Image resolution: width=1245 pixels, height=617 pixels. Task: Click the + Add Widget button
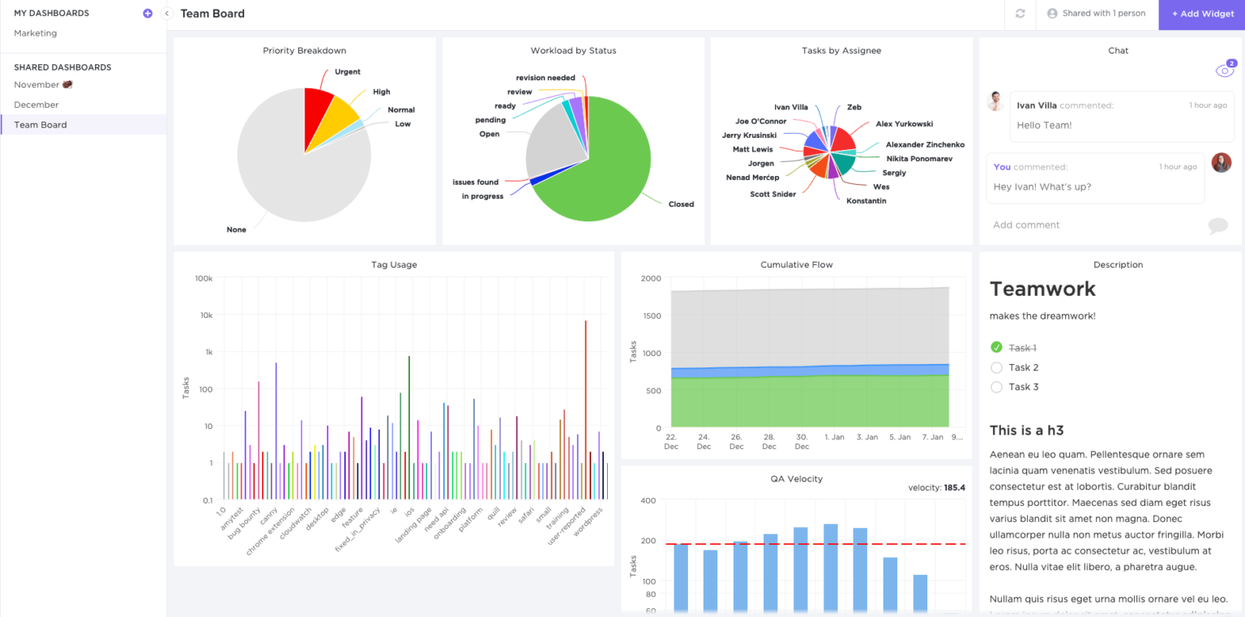[1202, 14]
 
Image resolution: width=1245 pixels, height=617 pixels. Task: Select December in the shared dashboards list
[36, 105]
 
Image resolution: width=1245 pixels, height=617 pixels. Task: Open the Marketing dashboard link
[36, 33]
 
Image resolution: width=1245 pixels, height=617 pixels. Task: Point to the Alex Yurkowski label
[904, 124]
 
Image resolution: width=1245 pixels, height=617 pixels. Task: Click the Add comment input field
[1026, 225]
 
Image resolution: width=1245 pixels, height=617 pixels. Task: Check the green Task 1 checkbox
[997, 348]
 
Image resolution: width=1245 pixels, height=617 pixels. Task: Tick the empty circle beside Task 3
[997, 387]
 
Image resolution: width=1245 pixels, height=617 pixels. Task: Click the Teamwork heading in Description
[1042, 289]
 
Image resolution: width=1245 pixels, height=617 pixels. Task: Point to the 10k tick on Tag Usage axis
[203, 315]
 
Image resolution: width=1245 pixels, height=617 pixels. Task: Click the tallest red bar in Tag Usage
[585, 405]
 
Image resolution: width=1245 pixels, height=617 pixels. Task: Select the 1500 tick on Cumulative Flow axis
[651, 316]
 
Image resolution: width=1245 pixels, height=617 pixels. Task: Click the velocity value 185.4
[955, 488]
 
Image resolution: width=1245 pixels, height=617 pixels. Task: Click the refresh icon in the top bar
[1020, 14]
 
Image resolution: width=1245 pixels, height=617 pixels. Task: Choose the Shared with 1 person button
[1097, 14]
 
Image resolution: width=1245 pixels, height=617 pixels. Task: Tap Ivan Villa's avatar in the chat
[995, 101]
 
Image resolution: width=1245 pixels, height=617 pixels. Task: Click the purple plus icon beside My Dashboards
[148, 13]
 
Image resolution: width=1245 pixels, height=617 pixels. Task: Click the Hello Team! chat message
[1044, 126]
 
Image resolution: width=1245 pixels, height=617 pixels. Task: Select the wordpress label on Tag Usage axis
[589, 523]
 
